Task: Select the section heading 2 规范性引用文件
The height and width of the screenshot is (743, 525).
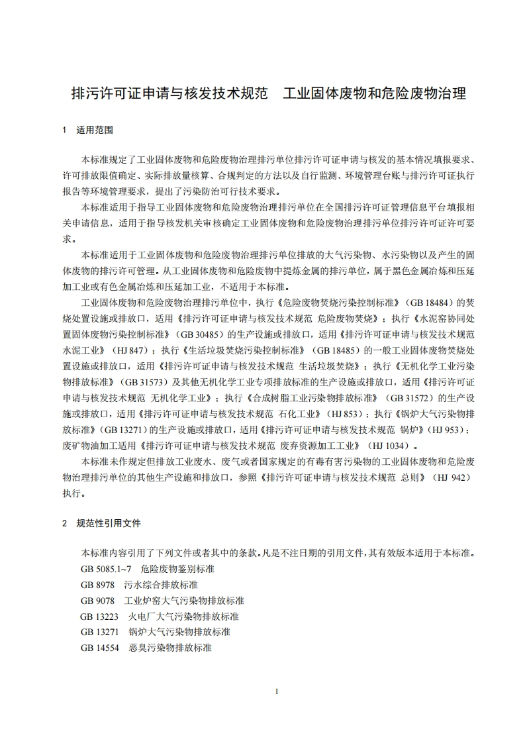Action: point(101,523)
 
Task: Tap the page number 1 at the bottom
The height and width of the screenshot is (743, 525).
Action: point(277,691)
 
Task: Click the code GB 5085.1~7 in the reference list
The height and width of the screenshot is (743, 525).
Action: point(106,569)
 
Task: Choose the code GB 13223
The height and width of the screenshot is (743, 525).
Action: point(100,617)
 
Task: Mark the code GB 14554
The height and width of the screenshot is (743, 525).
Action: point(100,648)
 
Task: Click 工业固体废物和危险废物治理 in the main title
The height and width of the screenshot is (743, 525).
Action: point(374,93)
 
